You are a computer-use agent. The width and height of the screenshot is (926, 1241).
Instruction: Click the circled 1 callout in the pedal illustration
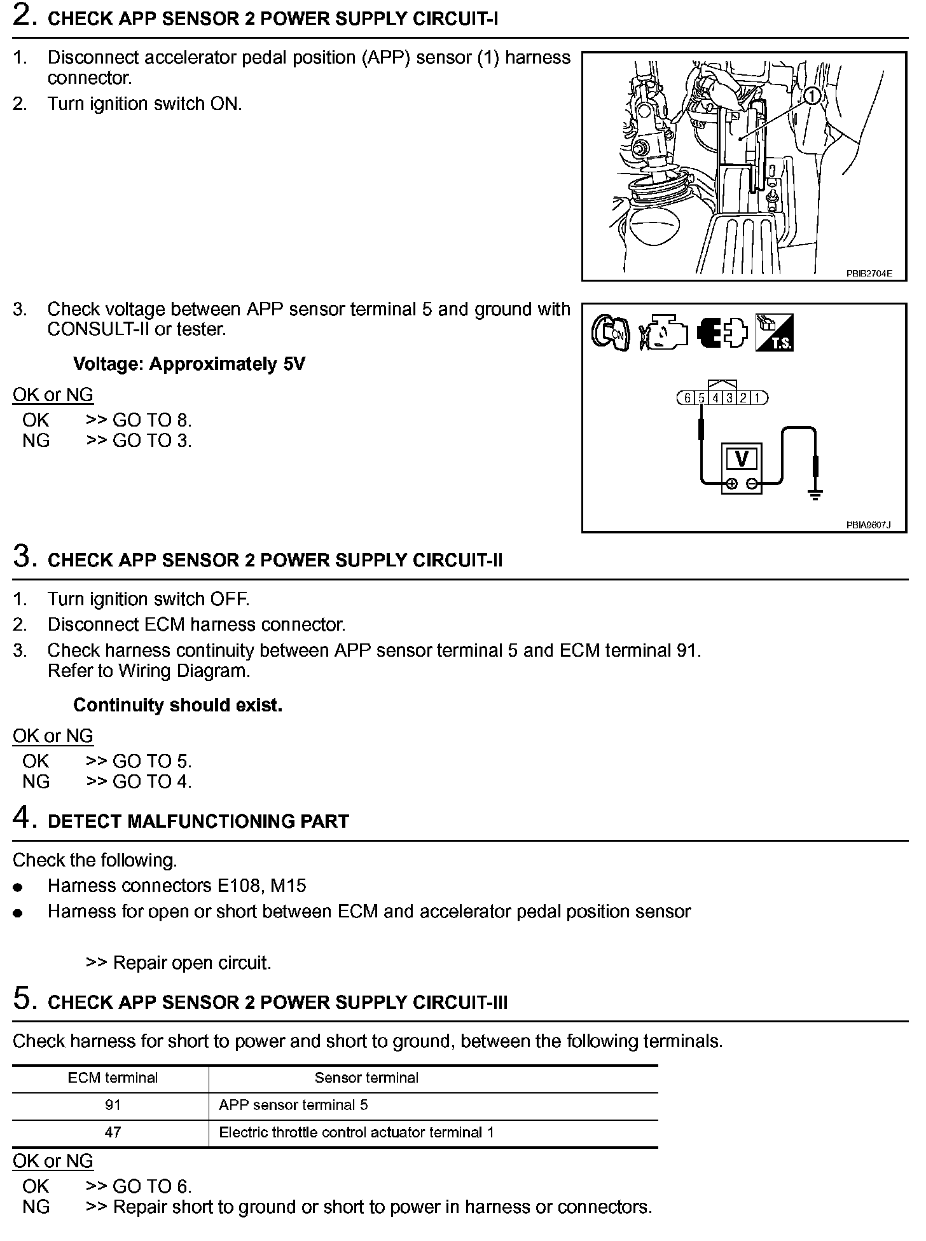click(x=812, y=96)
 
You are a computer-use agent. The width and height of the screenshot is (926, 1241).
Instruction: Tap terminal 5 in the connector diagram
click(x=701, y=398)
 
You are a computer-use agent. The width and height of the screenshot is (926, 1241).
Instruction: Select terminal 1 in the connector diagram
click(x=757, y=398)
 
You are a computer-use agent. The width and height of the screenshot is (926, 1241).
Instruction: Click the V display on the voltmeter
click(x=741, y=458)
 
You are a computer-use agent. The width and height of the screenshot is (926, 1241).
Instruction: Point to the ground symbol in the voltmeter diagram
click(x=815, y=494)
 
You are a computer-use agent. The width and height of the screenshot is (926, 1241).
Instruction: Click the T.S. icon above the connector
click(x=774, y=333)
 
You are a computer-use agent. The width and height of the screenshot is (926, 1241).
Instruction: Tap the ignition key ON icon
click(x=610, y=333)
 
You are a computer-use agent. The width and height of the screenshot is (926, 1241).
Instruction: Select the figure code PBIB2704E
click(x=869, y=274)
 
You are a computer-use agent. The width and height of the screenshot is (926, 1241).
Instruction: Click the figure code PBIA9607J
click(x=868, y=525)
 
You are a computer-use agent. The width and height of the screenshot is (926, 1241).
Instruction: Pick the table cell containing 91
click(x=113, y=1105)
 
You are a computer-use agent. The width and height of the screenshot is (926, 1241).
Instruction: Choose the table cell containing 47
click(x=113, y=1132)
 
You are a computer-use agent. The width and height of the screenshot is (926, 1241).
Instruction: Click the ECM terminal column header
click(x=113, y=1078)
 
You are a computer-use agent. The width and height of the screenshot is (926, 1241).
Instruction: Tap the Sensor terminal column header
click(x=366, y=1078)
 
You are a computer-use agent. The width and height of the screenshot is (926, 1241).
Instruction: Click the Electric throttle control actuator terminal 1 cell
click(x=356, y=1132)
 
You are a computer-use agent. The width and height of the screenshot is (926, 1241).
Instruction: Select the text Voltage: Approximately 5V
click(x=189, y=364)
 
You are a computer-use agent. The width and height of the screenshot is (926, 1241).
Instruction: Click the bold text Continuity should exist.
click(x=177, y=705)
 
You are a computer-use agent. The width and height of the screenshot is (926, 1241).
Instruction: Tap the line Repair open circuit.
click(x=179, y=963)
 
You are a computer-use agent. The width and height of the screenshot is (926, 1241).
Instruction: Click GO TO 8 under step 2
click(x=151, y=420)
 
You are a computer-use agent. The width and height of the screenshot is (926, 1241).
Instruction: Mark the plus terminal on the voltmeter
click(x=731, y=484)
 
